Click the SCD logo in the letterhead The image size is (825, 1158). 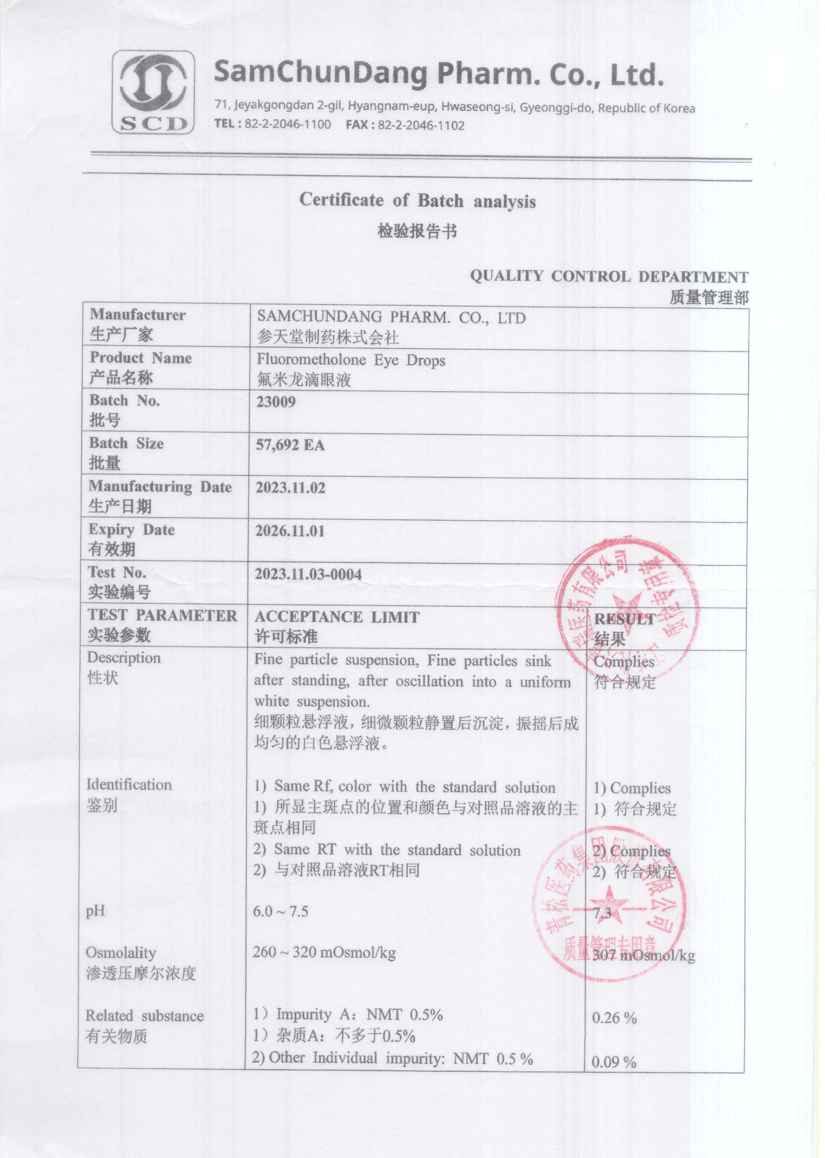pyautogui.click(x=152, y=92)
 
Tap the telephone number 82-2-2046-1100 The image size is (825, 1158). pyautogui.click(x=288, y=124)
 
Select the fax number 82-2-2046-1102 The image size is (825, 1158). pyautogui.click(x=420, y=125)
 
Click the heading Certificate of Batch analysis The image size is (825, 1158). pyautogui.click(x=417, y=201)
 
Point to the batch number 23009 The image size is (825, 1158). pyautogui.click(x=276, y=402)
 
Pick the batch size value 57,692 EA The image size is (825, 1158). pyautogui.click(x=290, y=446)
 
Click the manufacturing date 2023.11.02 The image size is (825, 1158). pyautogui.click(x=290, y=488)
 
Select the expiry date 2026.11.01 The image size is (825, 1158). pyautogui.click(x=290, y=531)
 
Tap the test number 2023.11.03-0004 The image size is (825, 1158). pyautogui.click(x=308, y=575)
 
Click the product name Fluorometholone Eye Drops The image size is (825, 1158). pyautogui.click(x=351, y=360)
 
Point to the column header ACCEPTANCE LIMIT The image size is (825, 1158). pyautogui.click(x=337, y=617)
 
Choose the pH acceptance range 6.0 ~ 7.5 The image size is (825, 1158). pyautogui.click(x=281, y=911)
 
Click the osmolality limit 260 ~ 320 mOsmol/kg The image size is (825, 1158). pyautogui.click(x=324, y=952)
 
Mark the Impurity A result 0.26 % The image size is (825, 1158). pyautogui.click(x=614, y=1018)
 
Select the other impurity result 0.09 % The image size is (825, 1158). pyautogui.click(x=614, y=1062)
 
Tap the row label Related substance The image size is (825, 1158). pyautogui.click(x=144, y=1016)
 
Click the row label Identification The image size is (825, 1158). pyautogui.click(x=129, y=785)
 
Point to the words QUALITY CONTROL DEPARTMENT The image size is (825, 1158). pyautogui.click(x=609, y=276)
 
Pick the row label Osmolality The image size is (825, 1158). pyautogui.click(x=121, y=952)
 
